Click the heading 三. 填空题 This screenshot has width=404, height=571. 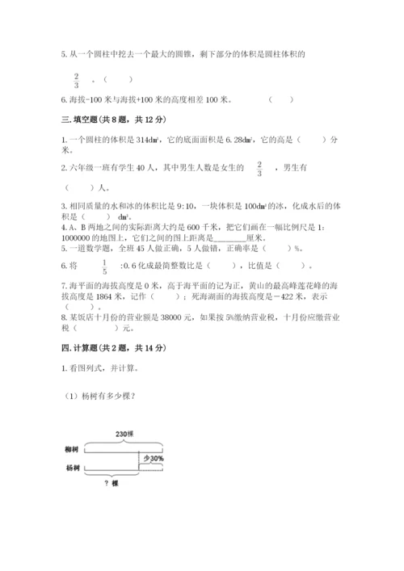(113, 120)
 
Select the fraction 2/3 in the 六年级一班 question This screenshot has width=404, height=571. (260, 168)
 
